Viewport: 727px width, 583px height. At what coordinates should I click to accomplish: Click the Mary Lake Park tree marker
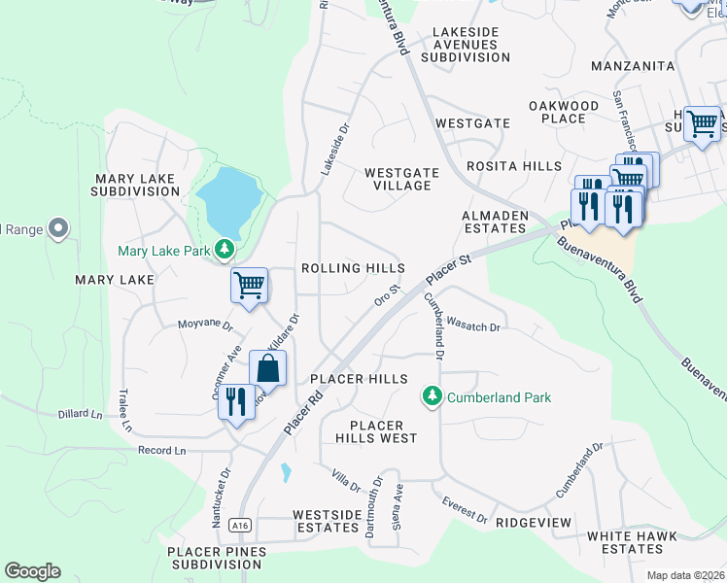(x=225, y=251)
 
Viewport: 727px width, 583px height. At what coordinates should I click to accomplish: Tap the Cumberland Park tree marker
(x=432, y=396)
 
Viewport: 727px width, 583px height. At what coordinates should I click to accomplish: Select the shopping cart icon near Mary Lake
(x=249, y=287)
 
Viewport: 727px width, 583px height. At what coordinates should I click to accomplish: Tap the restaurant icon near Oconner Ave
(x=236, y=400)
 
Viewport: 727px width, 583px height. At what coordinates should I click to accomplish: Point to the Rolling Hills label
(x=353, y=268)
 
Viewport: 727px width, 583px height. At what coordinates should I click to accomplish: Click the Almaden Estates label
(x=495, y=222)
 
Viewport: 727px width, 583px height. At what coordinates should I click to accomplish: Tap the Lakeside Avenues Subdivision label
(x=465, y=45)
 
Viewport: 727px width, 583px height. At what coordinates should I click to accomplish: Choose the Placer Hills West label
(x=383, y=432)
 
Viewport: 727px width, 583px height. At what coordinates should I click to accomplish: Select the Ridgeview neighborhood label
(x=534, y=522)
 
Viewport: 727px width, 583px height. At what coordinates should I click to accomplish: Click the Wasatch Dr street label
(x=475, y=326)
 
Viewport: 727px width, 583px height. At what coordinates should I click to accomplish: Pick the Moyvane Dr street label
(x=206, y=326)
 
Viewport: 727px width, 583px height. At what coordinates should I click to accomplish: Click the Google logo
(x=32, y=571)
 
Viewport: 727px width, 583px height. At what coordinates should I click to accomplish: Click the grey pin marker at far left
(x=58, y=228)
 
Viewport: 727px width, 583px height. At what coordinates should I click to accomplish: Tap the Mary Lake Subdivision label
(x=135, y=185)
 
